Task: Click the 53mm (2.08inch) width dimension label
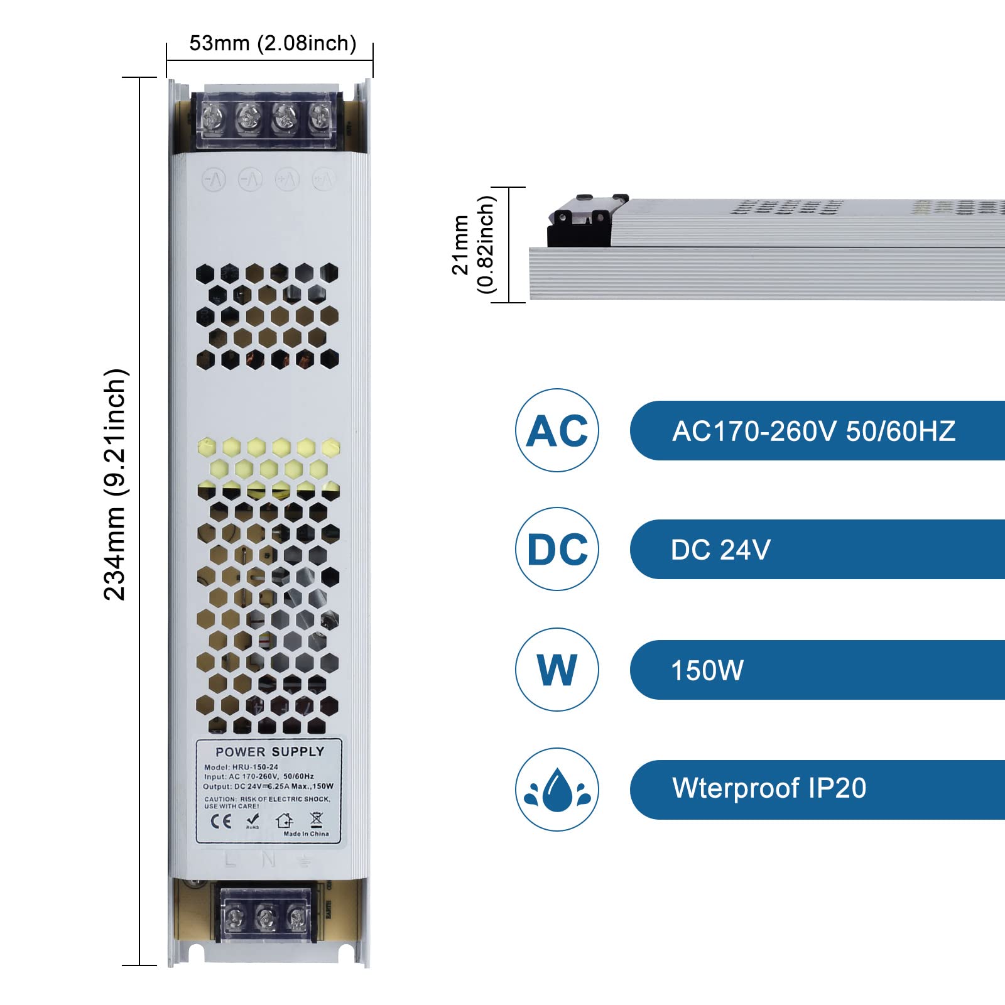pyautogui.click(x=273, y=43)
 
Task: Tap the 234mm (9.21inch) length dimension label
pyautogui.click(x=116, y=484)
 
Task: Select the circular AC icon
pyautogui.click(x=557, y=431)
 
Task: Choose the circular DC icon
pyautogui.click(x=557, y=550)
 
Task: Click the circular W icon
pyautogui.click(x=557, y=670)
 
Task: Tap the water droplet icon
pyautogui.click(x=557, y=790)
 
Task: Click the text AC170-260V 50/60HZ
pyautogui.click(x=813, y=432)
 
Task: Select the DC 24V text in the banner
pyautogui.click(x=720, y=550)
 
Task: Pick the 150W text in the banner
pyautogui.click(x=707, y=670)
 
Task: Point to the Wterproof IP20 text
pyautogui.click(x=769, y=788)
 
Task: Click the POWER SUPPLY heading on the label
pyautogui.click(x=269, y=752)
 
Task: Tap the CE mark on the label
pyautogui.click(x=220, y=821)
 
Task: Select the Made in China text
pyautogui.click(x=306, y=834)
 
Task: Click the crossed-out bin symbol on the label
pyautogui.click(x=316, y=820)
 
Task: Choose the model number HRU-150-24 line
pyautogui.click(x=241, y=767)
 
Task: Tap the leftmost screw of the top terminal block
pyautogui.click(x=213, y=117)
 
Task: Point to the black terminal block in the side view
pyautogui.click(x=578, y=223)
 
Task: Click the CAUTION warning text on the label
pyautogui.click(x=266, y=802)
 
